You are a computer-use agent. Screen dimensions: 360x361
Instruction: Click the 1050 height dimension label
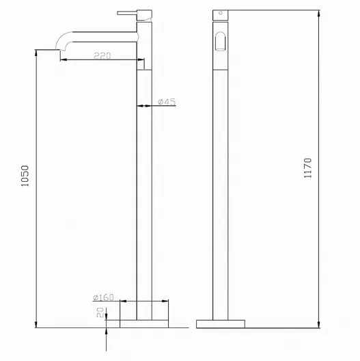(25, 176)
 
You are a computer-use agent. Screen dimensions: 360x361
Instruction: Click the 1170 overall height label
(308, 168)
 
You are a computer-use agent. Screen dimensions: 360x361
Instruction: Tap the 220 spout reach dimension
(102, 55)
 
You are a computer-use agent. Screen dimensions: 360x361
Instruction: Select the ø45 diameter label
(167, 101)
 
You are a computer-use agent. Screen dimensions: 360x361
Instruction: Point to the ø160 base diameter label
(103, 297)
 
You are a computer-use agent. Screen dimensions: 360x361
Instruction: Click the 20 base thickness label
(100, 312)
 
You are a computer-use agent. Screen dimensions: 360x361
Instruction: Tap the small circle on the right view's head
(221, 13)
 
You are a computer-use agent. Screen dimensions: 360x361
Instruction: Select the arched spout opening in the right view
(221, 41)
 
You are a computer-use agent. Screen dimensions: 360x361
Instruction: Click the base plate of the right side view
(221, 323)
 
